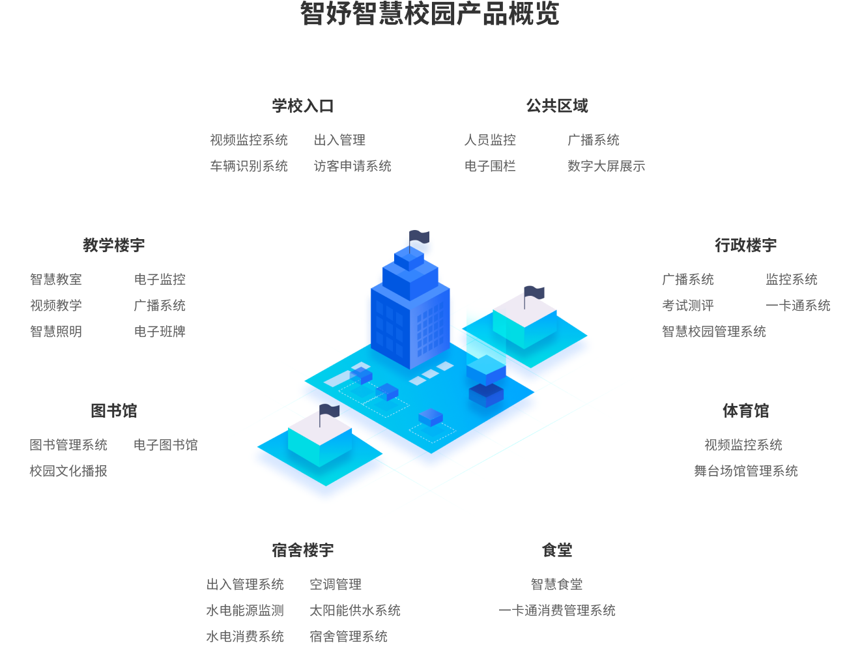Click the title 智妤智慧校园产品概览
point(429,14)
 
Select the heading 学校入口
point(303,106)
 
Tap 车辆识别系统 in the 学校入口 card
point(249,166)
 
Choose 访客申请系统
point(352,166)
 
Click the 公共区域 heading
point(557,106)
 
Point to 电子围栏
point(490,166)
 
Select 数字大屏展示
point(606,166)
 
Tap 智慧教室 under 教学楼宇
point(56,280)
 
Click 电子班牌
point(160,332)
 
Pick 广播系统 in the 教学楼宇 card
point(160,306)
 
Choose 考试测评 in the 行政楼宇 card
point(688,306)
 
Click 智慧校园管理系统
point(714,332)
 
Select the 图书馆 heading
point(114,411)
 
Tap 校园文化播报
point(68,471)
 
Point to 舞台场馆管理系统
point(746,471)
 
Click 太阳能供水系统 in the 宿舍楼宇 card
point(355,611)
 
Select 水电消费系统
point(245,637)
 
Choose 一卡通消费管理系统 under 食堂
point(557,611)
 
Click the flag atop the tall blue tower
point(419,237)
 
